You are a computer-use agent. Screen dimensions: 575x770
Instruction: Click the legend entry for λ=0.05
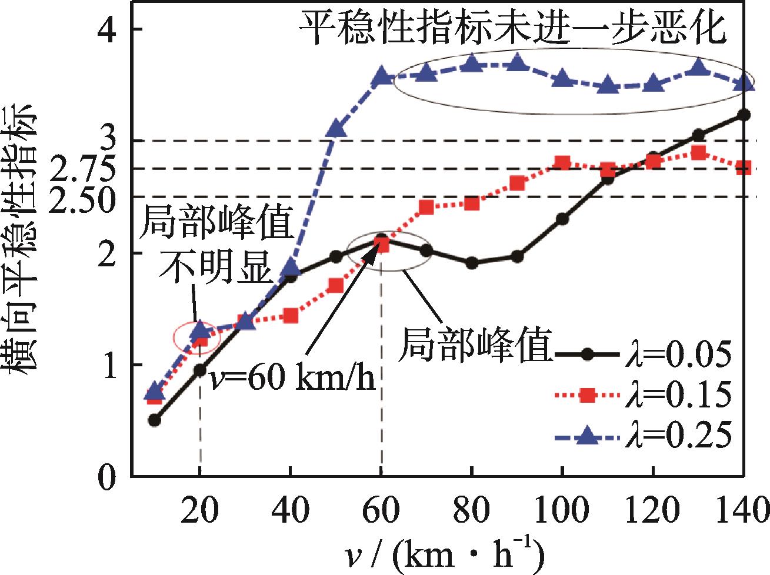(644, 355)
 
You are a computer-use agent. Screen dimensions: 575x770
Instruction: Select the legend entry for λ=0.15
(644, 395)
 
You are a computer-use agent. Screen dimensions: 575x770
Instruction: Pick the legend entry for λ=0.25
(644, 436)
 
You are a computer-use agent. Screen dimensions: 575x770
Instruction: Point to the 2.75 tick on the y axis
(86, 170)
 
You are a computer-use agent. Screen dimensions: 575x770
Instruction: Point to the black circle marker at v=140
(744, 115)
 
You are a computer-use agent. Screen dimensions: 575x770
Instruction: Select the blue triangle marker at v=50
(336, 129)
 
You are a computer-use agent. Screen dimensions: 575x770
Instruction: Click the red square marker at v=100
(562, 163)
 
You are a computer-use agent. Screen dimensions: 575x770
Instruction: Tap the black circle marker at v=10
(154, 420)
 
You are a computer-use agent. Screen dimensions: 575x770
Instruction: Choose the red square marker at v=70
(426, 207)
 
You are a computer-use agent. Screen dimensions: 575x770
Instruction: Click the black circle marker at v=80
(472, 263)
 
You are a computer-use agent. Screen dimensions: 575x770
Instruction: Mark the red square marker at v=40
(291, 316)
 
